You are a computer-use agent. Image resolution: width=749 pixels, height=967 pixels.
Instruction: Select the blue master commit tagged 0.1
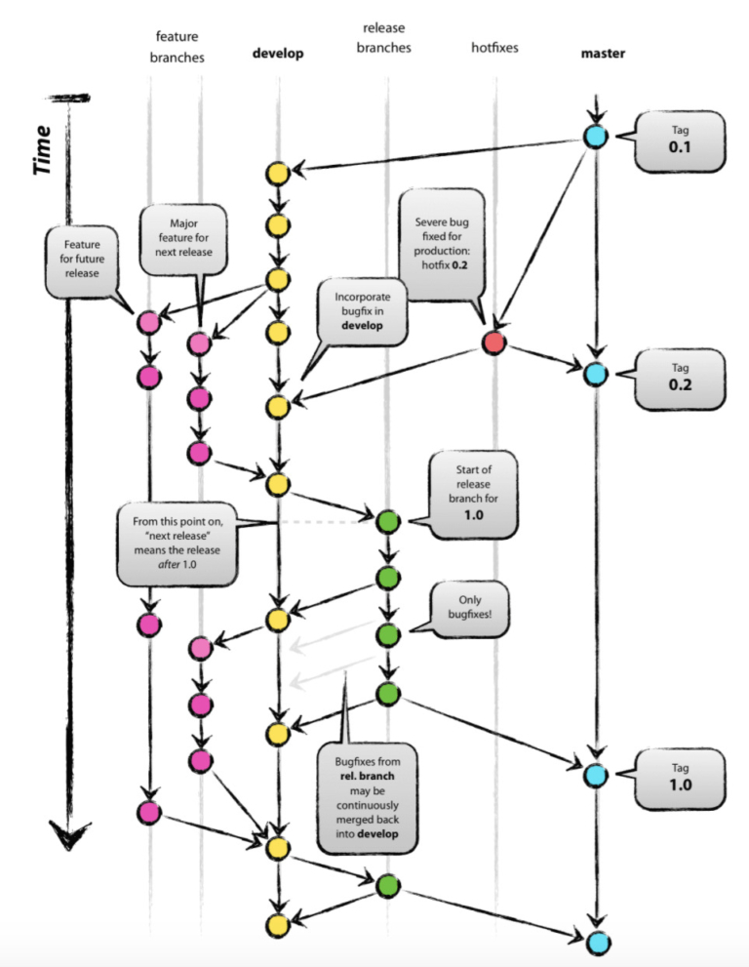(594, 137)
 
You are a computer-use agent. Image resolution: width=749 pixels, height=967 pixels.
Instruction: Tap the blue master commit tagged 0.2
(594, 374)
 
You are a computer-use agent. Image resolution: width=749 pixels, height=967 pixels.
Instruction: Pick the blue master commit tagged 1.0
(594, 776)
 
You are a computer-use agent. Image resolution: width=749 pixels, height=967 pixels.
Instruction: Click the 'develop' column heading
(278, 54)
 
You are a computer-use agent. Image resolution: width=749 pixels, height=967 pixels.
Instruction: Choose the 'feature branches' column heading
(177, 46)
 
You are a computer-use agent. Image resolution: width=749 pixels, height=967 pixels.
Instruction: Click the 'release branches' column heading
(387, 38)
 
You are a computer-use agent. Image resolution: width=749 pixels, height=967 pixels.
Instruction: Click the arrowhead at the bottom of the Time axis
(69, 834)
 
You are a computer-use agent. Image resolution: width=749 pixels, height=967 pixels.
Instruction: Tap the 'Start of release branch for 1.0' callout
(473, 494)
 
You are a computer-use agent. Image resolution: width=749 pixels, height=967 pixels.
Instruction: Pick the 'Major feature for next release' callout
(183, 236)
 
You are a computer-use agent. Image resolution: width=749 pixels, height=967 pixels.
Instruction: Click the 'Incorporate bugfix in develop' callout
(362, 311)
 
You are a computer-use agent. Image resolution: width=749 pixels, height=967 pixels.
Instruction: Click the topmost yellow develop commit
(278, 175)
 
